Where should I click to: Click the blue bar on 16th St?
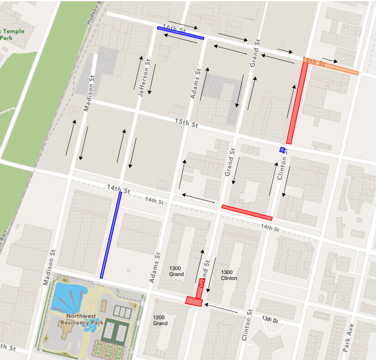pyautogui.click(x=180, y=33)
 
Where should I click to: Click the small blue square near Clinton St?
pyautogui.click(x=282, y=150)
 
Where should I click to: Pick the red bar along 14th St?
pyautogui.click(x=247, y=213)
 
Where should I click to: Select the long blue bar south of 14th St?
pyautogui.click(x=111, y=235)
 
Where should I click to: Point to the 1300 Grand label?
pyautogui.click(x=176, y=271)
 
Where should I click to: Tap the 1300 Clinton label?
pyautogui.click(x=229, y=275)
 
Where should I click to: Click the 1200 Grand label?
pyautogui.click(x=160, y=320)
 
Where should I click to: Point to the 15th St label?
pyautogui.click(x=186, y=123)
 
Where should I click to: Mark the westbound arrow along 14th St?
pyautogui.click(x=198, y=199)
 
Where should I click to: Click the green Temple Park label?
pyautogui.click(x=12, y=34)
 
